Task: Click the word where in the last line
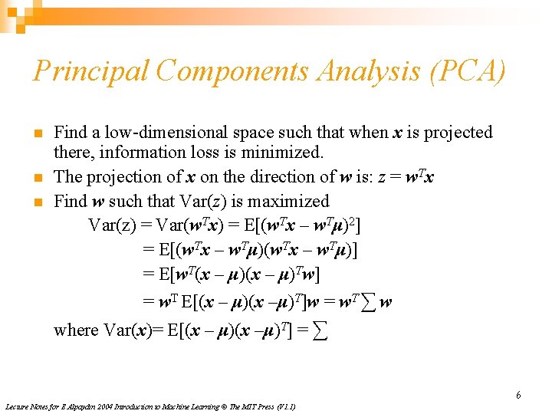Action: pyautogui.click(x=76, y=330)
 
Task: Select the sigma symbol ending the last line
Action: pyautogui.click(x=323, y=330)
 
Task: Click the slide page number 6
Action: pyautogui.click(x=518, y=396)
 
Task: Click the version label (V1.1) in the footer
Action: pyautogui.click(x=285, y=406)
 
